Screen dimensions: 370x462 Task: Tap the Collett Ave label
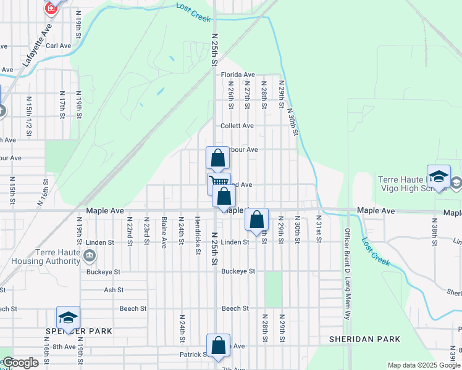coord(238,126)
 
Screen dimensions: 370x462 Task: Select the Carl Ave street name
coord(59,46)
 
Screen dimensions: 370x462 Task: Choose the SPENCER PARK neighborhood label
coord(78,331)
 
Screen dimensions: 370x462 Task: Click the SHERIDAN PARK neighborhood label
coord(364,339)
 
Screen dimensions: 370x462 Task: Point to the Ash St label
coord(114,290)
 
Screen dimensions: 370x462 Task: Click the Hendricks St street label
coord(197,235)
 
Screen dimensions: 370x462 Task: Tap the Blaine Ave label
coord(164,232)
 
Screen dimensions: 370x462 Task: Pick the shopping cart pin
coord(218,182)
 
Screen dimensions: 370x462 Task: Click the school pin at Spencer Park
coord(68,318)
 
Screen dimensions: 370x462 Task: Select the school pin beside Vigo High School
coord(438,176)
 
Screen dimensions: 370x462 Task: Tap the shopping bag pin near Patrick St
coord(218,346)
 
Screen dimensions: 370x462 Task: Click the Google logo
coord(21,363)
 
